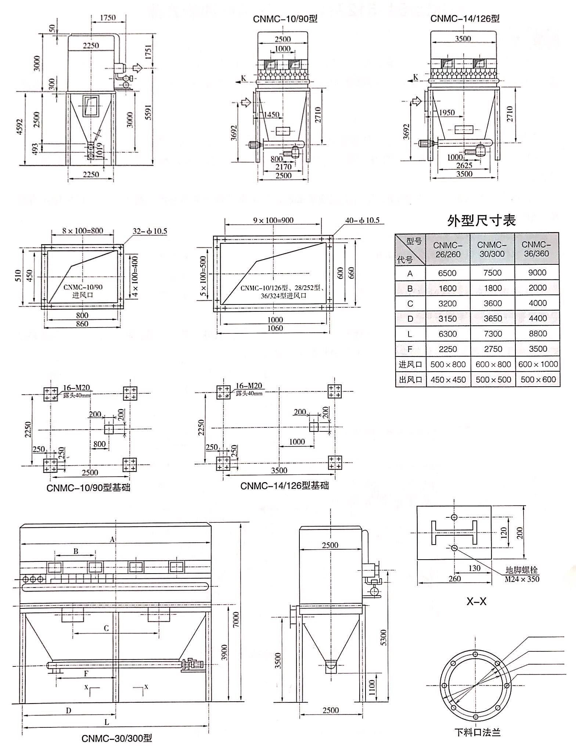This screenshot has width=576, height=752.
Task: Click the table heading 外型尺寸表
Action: pos(481,220)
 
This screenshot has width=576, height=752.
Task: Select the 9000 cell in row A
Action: pos(537,273)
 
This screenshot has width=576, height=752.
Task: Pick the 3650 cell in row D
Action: pos(493,318)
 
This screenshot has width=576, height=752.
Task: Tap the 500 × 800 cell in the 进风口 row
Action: pos(448,364)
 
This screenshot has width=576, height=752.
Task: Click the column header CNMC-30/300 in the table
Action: pos(492,249)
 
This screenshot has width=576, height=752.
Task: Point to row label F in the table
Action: pos(410,349)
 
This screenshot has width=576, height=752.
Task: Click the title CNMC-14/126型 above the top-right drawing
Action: pos(465,18)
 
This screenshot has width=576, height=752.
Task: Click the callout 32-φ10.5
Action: pos(150,231)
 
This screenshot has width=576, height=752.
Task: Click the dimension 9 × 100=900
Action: pos(273,220)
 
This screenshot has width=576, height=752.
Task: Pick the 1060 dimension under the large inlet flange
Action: pos(275,328)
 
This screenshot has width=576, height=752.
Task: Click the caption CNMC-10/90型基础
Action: pos(88,488)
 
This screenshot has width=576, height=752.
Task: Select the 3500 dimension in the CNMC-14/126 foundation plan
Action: pos(279,471)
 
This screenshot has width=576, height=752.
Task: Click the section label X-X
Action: pos(476,601)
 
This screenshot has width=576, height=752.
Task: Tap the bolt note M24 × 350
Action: pos(522,579)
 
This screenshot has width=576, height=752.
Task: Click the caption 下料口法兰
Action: pos(477,732)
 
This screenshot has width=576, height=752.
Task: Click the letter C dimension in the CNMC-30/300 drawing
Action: pos(106,628)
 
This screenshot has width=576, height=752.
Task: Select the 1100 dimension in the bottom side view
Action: pos(371,687)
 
